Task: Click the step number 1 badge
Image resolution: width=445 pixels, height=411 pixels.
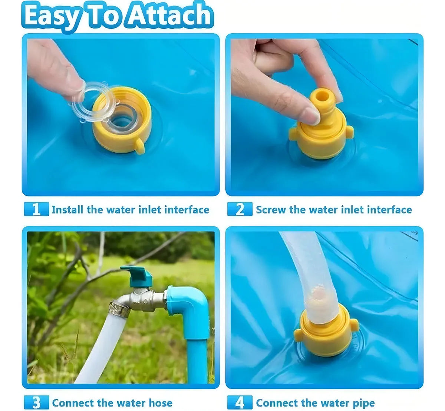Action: tap(36, 209)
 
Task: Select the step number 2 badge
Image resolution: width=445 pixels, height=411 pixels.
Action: tap(240, 209)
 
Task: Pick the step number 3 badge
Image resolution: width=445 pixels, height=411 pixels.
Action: tap(36, 403)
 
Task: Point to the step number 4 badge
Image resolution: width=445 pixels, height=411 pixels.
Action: tap(240, 403)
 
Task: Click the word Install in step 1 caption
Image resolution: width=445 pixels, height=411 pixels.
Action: tap(67, 210)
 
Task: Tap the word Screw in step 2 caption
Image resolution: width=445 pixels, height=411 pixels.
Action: tap(271, 210)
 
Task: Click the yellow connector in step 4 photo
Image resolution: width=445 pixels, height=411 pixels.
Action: tap(326, 338)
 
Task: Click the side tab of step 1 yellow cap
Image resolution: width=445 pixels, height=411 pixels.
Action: tap(139, 146)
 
